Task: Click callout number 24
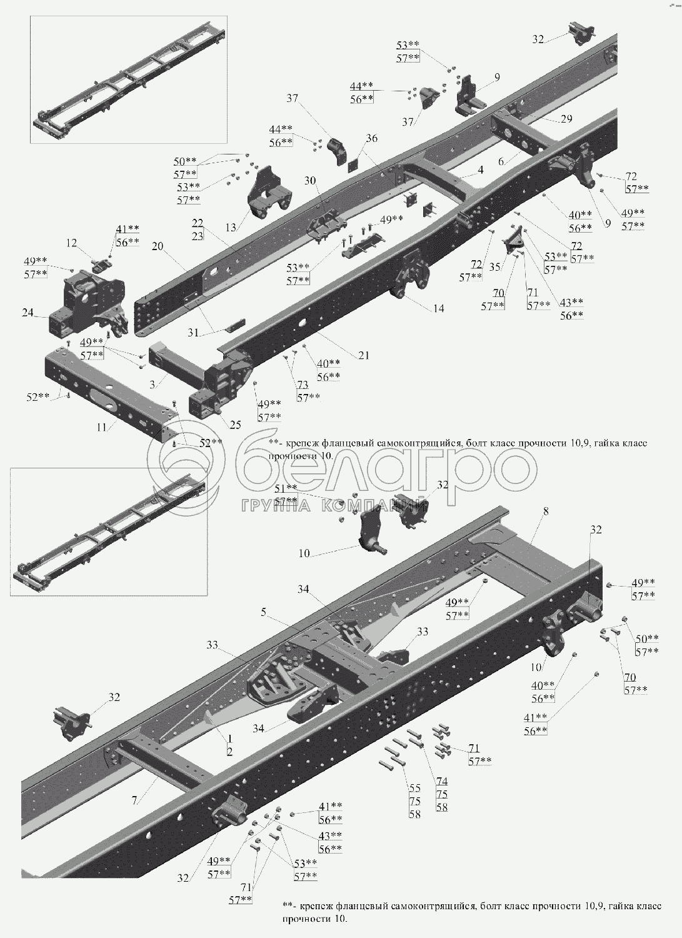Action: click(x=28, y=313)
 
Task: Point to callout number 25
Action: click(x=235, y=425)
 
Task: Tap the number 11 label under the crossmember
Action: click(x=102, y=427)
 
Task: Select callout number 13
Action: click(x=231, y=228)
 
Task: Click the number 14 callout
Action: click(x=438, y=308)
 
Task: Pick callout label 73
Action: click(x=303, y=385)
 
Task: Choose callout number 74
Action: click(x=442, y=781)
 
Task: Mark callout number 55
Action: click(x=415, y=788)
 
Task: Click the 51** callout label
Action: click(x=286, y=488)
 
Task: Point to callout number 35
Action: click(x=495, y=266)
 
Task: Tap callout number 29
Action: click(x=566, y=119)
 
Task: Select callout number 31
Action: click(x=193, y=333)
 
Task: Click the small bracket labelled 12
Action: click(x=101, y=265)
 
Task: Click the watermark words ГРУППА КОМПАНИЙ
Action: click(x=334, y=506)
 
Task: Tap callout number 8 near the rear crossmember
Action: click(x=545, y=511)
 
